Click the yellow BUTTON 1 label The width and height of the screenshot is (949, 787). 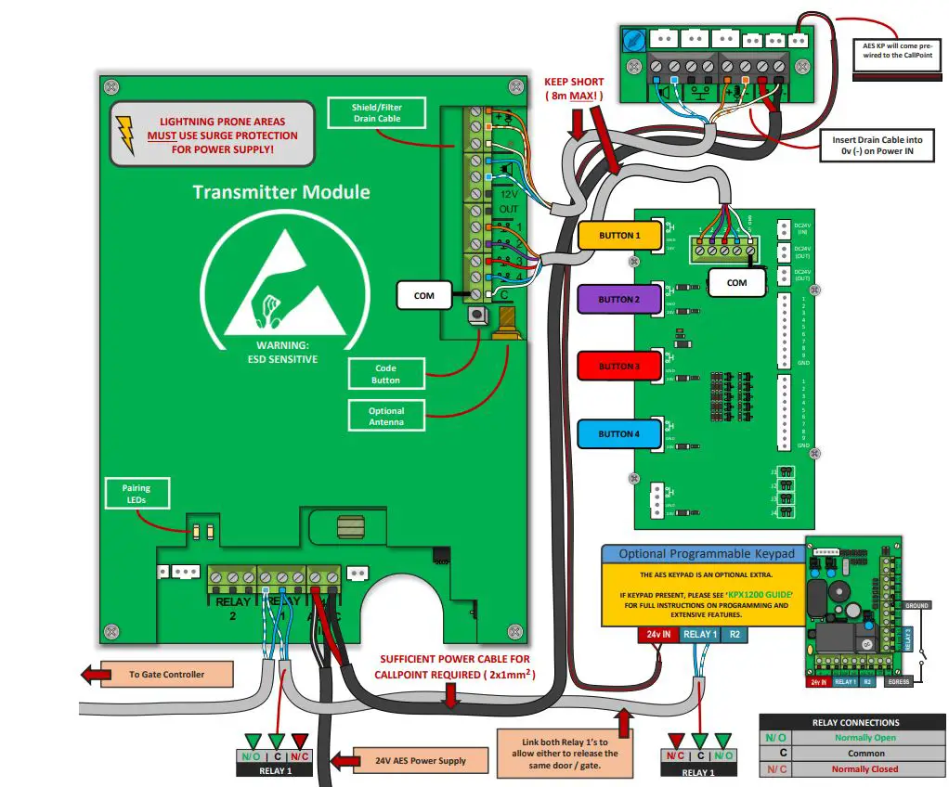pos(619,236)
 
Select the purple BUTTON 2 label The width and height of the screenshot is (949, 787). pos(619,300)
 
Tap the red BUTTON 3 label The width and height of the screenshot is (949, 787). pos(619,367)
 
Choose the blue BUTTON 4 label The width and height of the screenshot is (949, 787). pos(619,434)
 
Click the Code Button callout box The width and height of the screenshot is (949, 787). pos(385,374)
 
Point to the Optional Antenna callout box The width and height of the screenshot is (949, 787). pos(385,416)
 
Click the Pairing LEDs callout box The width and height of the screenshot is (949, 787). pos(136,493)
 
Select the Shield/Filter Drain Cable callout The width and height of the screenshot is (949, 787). pos(376,113)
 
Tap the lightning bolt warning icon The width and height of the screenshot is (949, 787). pos(125,135)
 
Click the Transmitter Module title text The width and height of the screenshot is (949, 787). pos(280,192)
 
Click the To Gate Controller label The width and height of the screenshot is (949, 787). pos(166,675)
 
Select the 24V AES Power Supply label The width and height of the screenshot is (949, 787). pos(421,760)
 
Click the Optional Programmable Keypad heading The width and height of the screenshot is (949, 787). pos(707,554)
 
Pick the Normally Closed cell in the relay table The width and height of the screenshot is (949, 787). pos(864,768)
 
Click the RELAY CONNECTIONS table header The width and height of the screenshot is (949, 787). pos(855,722)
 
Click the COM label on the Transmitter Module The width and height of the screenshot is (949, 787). pos(423,296)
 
